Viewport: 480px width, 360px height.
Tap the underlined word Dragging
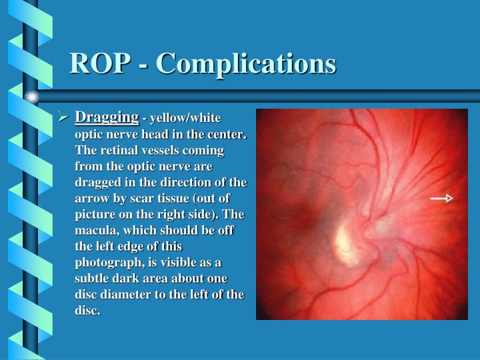[x=107, y=118]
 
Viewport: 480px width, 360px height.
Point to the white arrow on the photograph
[x=441, y=198]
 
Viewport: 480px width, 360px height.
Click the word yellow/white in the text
[x=185, y=119]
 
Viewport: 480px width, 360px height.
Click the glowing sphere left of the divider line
[x=31, y=97]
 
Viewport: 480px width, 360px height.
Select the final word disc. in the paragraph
[x=87, y=311]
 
